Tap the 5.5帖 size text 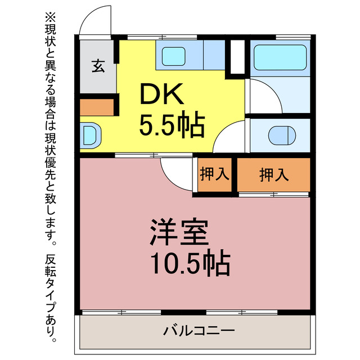[172, 126]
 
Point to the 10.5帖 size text [190, 262]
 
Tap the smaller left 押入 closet [215, 175]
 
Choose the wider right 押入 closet [274, 175]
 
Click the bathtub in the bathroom [279, 58]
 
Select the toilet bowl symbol [281, 136]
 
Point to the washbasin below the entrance [90, 136]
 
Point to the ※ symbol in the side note [53, 17]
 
